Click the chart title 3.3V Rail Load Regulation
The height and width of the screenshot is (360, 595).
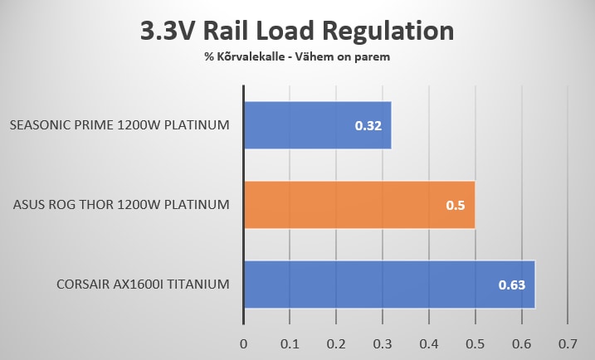tap(296, 32)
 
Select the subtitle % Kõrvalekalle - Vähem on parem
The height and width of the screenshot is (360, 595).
tap(296, 58)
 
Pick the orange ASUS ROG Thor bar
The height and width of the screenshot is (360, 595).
tap(358, 205)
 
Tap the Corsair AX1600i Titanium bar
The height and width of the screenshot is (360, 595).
tap(389, 284)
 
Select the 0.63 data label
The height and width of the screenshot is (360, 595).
tap(510, 285)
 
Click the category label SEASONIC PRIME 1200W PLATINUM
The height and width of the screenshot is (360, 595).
tap(119, 126)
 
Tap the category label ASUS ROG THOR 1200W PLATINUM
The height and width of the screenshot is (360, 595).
tap(120, 205)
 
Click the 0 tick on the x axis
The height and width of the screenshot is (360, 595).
tap(243, 343)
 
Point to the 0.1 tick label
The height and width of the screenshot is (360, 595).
tap(290, 343)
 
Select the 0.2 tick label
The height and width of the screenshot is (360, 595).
tap(336, 343)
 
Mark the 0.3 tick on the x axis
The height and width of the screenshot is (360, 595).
tap(382, 343)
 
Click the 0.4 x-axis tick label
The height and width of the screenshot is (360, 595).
tap(428, 343)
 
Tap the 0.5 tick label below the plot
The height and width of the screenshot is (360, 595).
tap(475, 343)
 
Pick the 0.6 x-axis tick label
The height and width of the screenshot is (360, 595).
tap(521, 343)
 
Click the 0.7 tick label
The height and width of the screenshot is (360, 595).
tap(568, 343)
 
